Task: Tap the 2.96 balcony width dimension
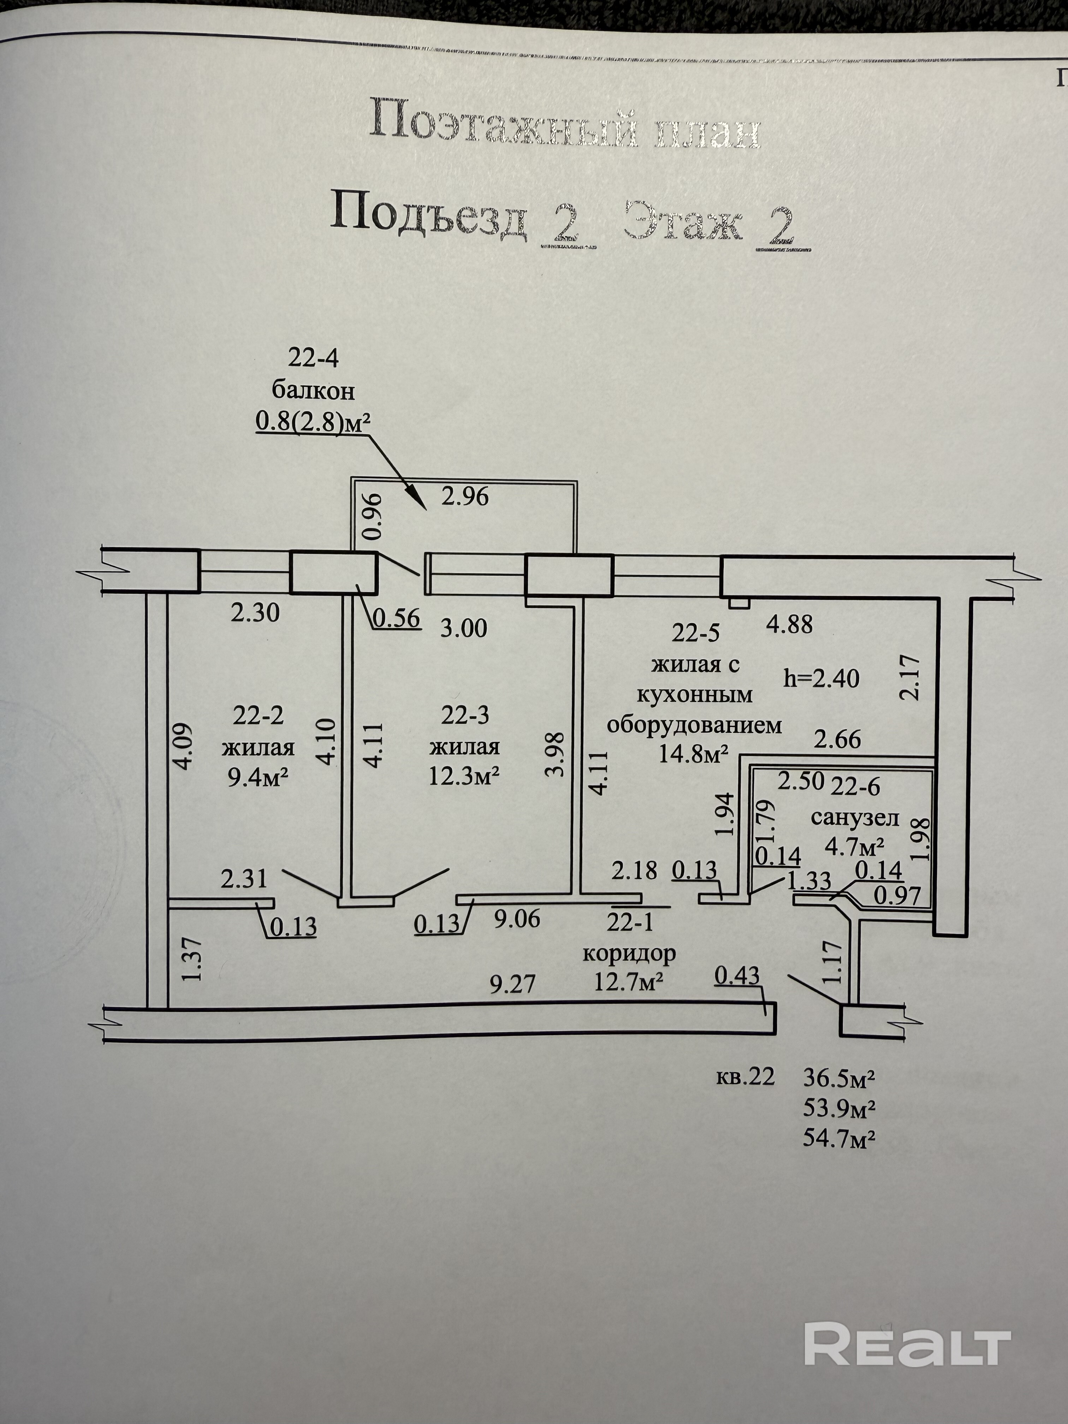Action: point(465,496)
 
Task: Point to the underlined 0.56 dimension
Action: point(397,618)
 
